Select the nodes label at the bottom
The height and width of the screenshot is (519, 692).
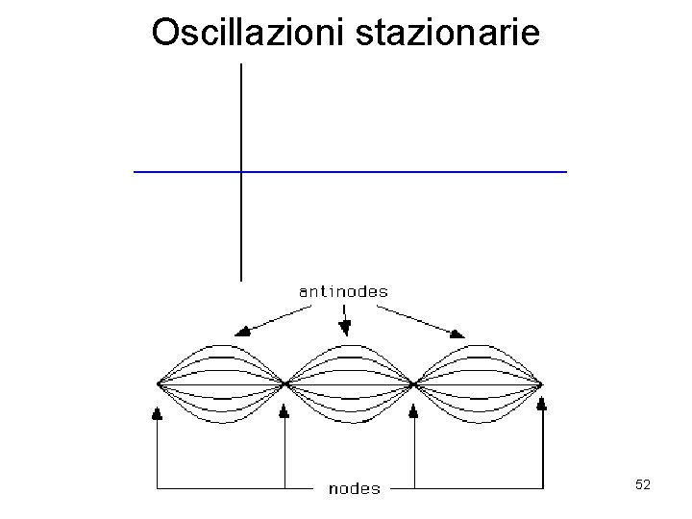point(354,488)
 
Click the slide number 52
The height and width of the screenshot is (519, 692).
point(643,485)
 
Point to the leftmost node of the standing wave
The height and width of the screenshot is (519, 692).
point(159,384)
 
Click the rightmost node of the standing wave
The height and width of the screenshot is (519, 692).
point(542,384)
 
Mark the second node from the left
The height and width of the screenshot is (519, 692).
point(285,384)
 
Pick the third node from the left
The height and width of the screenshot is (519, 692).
point(413,384)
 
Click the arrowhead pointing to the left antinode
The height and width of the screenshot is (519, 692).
point(245,331)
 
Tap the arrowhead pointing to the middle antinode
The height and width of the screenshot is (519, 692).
point(345,330)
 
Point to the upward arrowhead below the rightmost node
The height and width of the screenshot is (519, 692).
point(542,405)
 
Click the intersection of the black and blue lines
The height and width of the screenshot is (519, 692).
point(240,171)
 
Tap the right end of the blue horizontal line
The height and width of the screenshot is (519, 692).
point(566,171)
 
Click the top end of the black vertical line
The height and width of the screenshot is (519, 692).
point(240,65)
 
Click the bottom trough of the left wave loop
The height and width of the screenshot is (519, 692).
point(222,423)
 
